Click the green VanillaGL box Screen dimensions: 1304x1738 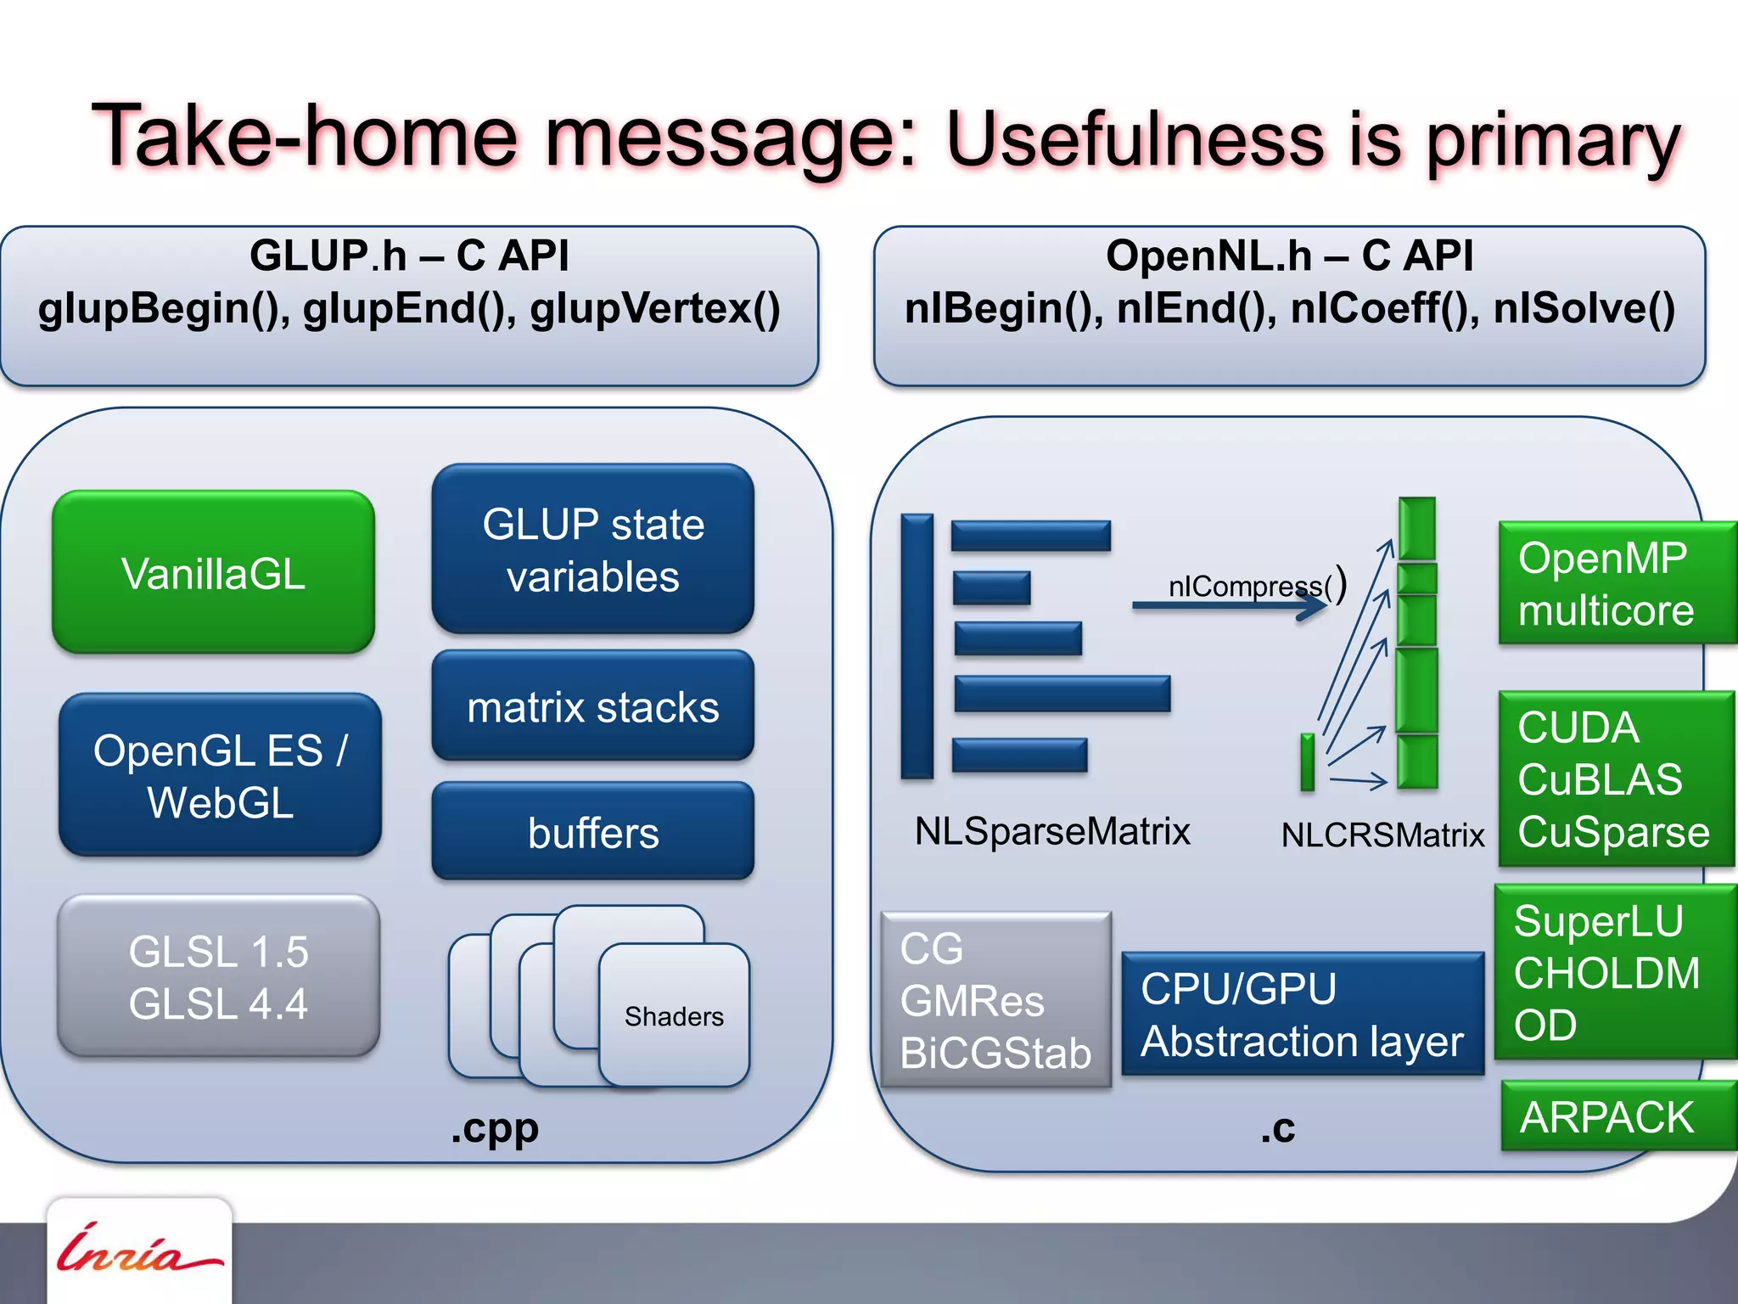click(213, 572)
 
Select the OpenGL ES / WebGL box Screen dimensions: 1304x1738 click(220, 775)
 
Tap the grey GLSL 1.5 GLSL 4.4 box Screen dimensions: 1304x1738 click(218, 976)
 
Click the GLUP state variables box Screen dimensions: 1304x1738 click(592, 548)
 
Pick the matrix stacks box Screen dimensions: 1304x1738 click(592, 705)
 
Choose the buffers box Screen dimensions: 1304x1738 click(592, 831)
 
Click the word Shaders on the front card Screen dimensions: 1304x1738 click(674, 1016)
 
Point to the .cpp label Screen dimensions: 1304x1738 click(495, 1128)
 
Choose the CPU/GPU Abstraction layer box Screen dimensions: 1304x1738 click(1302, 1015)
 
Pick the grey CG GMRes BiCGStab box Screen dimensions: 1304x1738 click(995, 1000)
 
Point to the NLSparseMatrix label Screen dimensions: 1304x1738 click(1052, 831)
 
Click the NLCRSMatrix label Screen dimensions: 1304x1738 click(1382, 835)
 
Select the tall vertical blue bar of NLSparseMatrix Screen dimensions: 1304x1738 click(917, 645)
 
